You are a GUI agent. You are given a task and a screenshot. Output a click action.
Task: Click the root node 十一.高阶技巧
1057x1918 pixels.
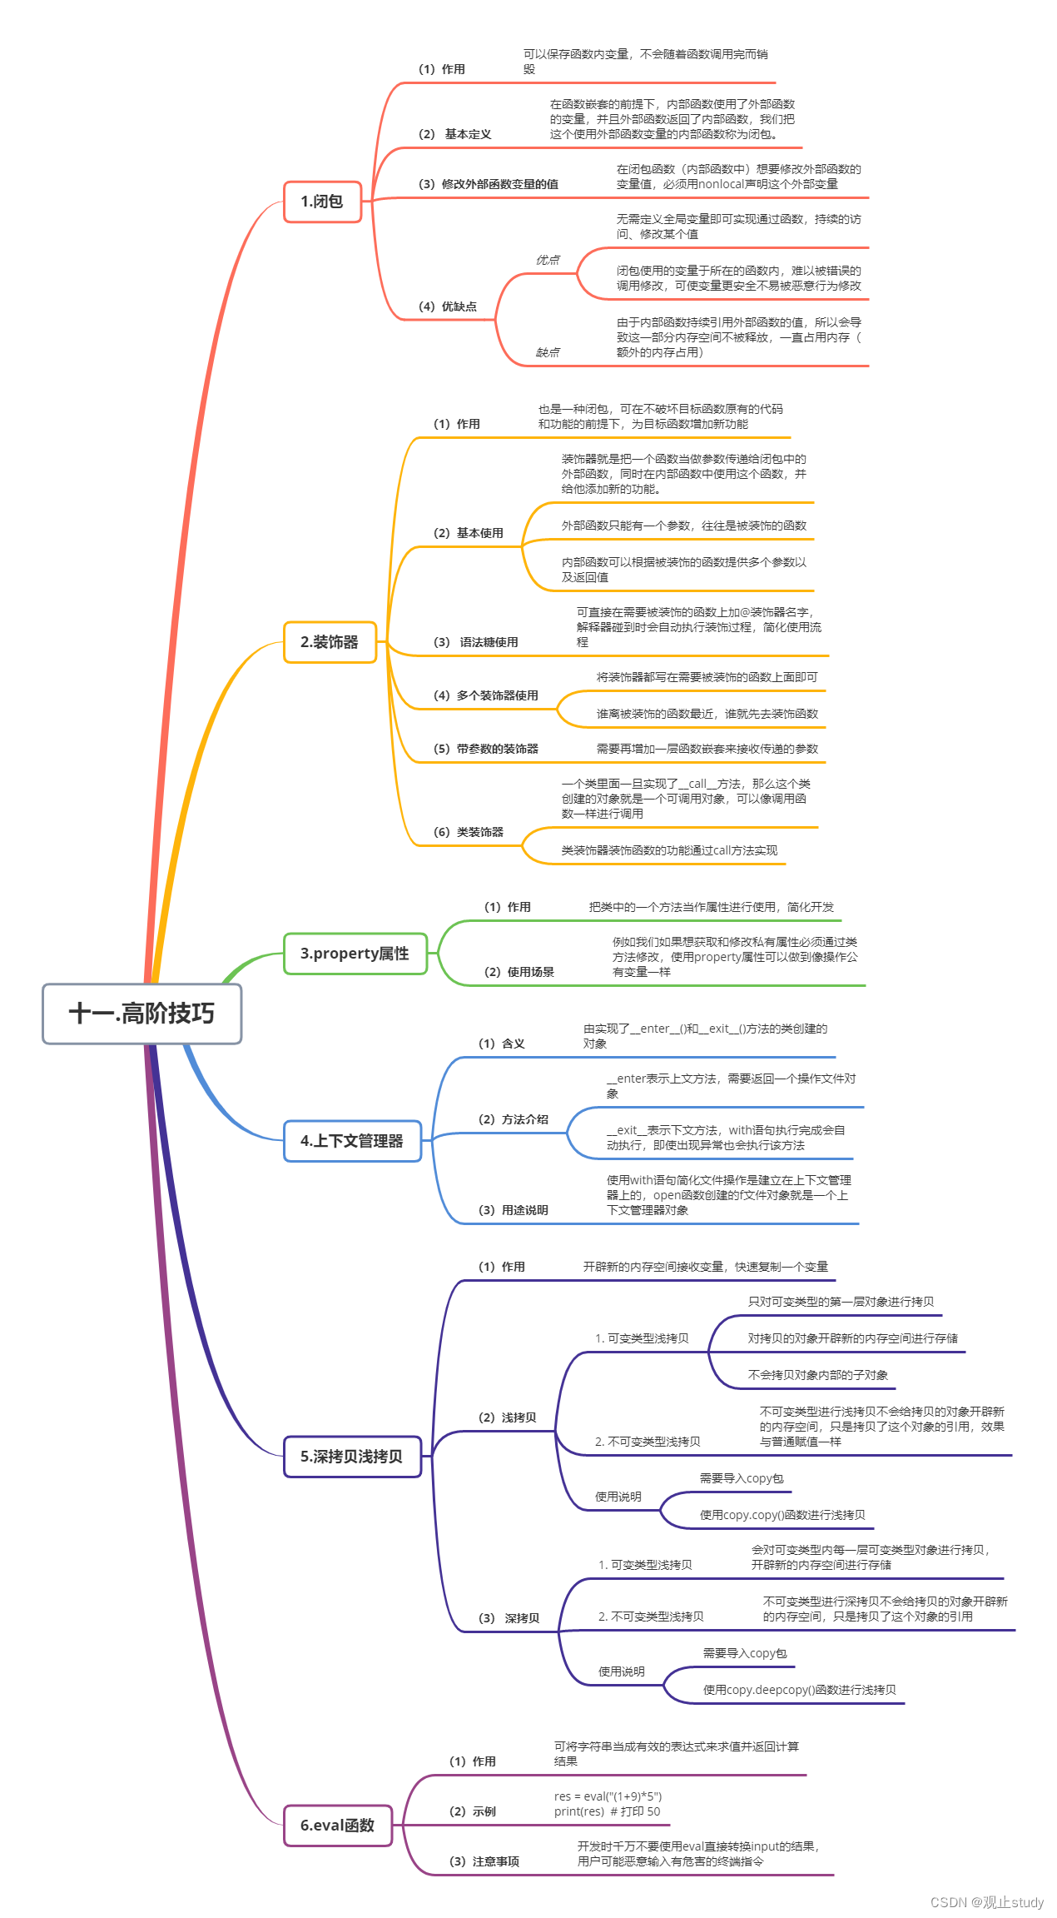(x=142, y=1014)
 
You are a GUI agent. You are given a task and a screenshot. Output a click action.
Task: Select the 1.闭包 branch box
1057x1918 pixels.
(x=323, y=202)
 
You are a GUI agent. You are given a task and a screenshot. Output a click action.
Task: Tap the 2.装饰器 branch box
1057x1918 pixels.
(x=330, y=642)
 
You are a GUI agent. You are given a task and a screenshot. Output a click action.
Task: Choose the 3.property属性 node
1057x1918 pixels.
(x=355, y=954)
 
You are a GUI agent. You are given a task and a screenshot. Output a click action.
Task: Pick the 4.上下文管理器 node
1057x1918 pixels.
(x=353, y=1141)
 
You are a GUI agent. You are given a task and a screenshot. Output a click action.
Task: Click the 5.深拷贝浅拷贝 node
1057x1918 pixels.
(x=353, y=1457)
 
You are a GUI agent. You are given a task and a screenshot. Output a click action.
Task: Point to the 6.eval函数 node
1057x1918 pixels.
(x=338, y=1826)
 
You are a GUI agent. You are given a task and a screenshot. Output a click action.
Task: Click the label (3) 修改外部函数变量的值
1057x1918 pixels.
(x=489, y=184)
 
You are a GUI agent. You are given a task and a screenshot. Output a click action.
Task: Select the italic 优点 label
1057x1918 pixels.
(x=548, y=260)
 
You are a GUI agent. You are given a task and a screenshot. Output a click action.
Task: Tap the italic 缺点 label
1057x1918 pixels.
(x=548, y=352)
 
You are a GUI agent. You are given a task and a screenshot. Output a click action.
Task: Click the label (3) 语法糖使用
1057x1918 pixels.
(x=476, y=642)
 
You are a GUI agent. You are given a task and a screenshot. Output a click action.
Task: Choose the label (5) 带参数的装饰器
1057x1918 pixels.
(x=486, y=749)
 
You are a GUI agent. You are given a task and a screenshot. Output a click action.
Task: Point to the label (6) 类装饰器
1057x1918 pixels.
(x=469, y=832)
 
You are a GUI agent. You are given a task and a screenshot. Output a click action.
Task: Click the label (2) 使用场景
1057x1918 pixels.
(x=519, y=972)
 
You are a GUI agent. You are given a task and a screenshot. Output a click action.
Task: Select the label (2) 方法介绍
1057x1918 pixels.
(x=514, y=1119)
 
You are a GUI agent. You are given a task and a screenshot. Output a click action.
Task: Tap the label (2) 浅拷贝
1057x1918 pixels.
(x=508, y=1417)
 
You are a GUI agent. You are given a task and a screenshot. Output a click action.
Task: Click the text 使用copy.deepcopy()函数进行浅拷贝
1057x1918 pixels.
(x=800, y=1690)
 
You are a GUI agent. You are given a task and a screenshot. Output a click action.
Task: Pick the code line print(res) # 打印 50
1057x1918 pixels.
(x=608, y=1811)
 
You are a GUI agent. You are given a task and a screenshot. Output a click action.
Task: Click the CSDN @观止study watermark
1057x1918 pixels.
(x=987, y=1902)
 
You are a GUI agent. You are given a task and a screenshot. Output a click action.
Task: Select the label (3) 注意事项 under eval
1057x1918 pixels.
(x=484, y=1861)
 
